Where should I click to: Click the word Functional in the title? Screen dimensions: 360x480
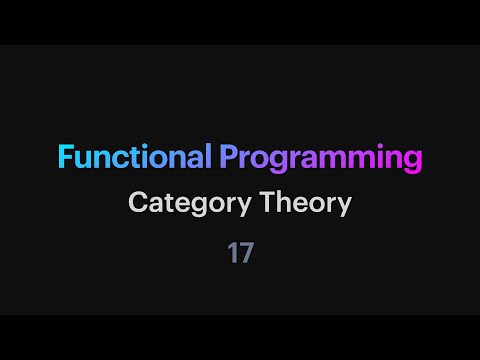[133, 158]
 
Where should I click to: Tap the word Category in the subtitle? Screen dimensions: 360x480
[182, 203]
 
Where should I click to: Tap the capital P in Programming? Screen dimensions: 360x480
[228, 158]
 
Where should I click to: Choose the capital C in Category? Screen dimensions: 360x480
[137, 203]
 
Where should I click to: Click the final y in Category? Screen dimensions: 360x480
[230, 206]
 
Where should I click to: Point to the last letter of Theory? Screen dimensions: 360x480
[345, 206]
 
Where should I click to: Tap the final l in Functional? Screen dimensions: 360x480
[208, 157]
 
